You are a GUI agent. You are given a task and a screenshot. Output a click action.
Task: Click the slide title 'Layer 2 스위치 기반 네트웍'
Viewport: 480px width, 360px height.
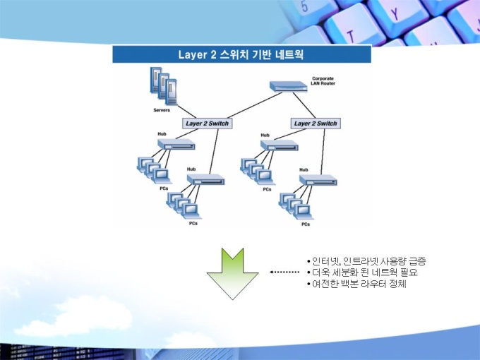pos(241,54)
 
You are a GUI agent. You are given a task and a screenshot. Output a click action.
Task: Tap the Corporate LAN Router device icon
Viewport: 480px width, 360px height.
pos(289,87)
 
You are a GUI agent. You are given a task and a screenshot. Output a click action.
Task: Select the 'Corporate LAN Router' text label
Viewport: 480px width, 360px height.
pos(323,80)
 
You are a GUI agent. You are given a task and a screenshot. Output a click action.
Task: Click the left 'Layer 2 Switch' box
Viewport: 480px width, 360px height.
pos(208,124)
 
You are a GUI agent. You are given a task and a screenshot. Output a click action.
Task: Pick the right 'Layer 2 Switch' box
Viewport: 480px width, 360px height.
pos(316,124)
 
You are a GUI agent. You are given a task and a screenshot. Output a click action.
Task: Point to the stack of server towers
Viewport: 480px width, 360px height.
pos(164,86)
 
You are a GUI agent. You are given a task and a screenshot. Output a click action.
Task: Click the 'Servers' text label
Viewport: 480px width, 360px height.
pos(162,110)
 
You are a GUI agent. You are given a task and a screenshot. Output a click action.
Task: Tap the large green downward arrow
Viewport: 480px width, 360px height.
pos(233,274)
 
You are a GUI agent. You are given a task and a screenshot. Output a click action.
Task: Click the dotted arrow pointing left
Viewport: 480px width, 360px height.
pos(284,272)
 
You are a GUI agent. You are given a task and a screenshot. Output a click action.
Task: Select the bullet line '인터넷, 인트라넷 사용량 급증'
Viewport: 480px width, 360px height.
pos(366,261)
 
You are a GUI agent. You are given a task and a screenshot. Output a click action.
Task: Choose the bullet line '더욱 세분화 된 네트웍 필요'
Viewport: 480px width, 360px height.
pos(362,272)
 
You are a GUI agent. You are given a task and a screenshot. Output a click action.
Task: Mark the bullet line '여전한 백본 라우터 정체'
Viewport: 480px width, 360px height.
pos(356,284)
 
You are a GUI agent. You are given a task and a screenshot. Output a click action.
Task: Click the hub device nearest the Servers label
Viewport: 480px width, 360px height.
pos(176,144)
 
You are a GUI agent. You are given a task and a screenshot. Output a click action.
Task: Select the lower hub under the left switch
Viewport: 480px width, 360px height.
pos(205,179)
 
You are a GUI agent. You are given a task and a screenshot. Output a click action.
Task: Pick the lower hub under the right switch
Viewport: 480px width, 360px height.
pos(318,180)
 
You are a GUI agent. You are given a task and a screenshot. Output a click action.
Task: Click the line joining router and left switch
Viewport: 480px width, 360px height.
pos(255,105)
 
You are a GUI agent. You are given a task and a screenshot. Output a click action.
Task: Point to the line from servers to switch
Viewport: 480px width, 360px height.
pos(186,112)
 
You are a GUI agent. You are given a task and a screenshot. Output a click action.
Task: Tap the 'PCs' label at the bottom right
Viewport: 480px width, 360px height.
pos(306,224)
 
